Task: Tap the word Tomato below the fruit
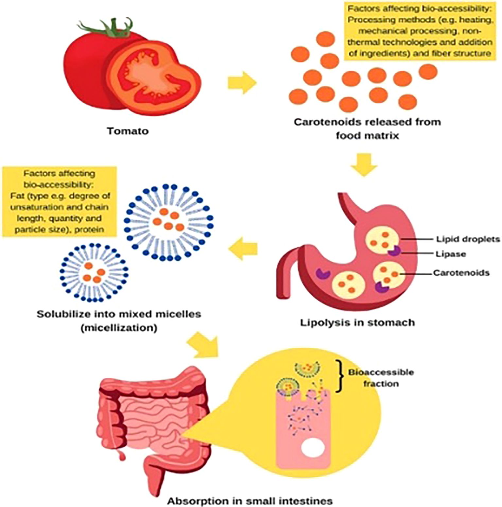pyautogui.click(x=128, y=131)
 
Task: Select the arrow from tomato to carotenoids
pyautogui.click(x=242, y=82)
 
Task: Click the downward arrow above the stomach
pyautogui.click(x=364, y=164)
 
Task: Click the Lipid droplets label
pyautogui.click(x=468, y=239)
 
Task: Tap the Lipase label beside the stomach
pyautogui.click(x=451, y=254)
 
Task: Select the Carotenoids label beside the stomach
pyautogui.click(x=461, y=273)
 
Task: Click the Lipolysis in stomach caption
pyautogui.click(x=357, y=323)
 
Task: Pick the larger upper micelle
pyautogui.click(x=169, y=222)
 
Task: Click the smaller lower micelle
pyautogui.click(x=94, y=272)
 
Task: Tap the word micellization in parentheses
pyautogui.click(x=118, y=328)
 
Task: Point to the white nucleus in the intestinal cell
pyautogui.click(x=313, y=448)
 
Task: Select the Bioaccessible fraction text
pyautogui.click(x=381, y=378)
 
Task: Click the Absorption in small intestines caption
pyautogui.click(x=250, y=501)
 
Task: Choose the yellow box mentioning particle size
pyautogui.click(x=60, y=202)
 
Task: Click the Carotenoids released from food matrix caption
pyautogui.click(x=367, y=128)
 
